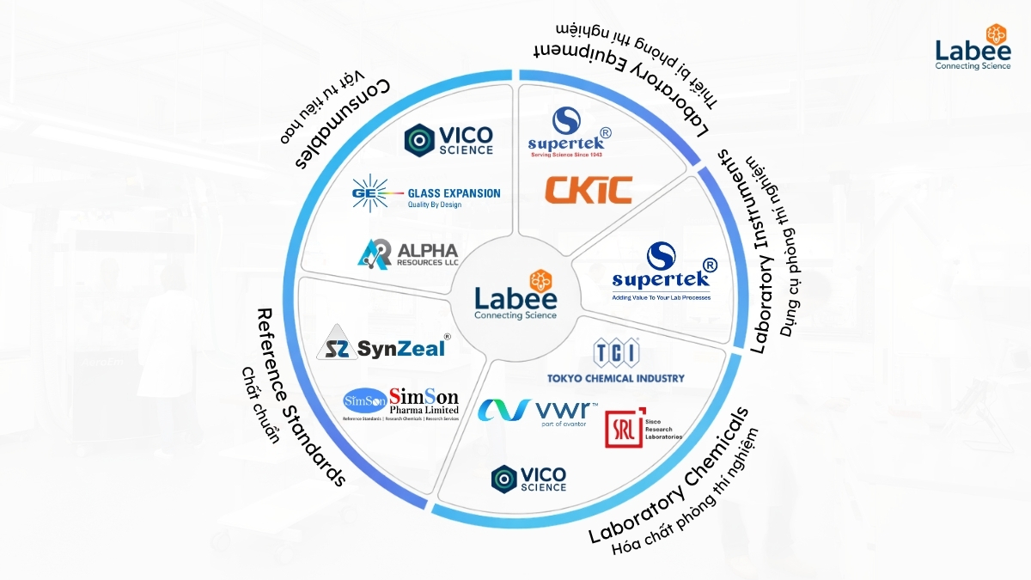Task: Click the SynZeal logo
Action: pyautogui.click(x=384, y=345)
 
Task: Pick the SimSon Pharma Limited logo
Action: pyautogui.click(x=401, y=402)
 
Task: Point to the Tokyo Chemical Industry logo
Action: pyautogui.click(x=616, y=362)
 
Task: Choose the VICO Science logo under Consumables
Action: pyautogui.click(x=448, y=140)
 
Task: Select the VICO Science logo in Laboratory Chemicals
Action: pyautogui.click(x=528, y=479)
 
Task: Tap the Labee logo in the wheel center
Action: pyautogui.click(x=515, y=296)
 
